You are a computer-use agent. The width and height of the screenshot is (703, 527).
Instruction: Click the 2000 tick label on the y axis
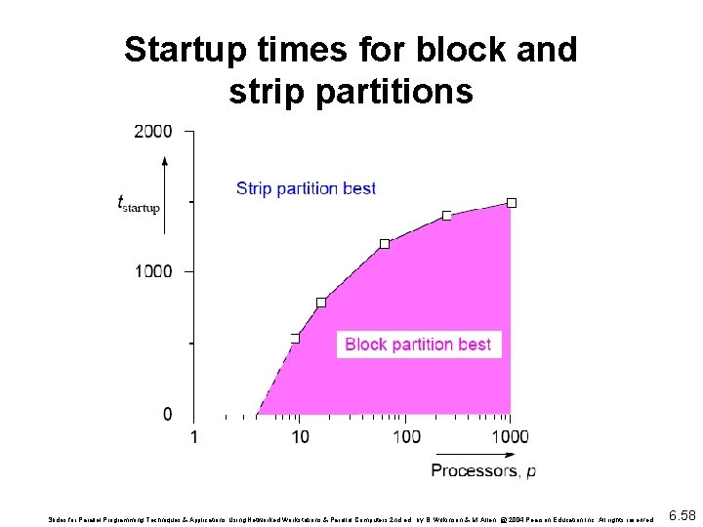(153, 132)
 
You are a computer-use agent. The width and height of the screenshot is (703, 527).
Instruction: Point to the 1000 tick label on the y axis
(153, 271)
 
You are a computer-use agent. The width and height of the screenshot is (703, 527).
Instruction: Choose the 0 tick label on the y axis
(167, 415)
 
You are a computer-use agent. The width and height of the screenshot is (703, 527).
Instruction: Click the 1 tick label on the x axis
(193, 436)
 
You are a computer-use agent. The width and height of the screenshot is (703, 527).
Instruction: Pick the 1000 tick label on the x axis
(509, 436)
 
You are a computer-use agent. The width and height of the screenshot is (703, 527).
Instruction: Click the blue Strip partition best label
(306, 188)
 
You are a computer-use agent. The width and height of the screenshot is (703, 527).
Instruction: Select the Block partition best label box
(418, 345)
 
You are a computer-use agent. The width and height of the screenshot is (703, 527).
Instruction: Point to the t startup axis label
(138, 205)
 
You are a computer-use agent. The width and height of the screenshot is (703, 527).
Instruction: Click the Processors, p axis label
(483, 471)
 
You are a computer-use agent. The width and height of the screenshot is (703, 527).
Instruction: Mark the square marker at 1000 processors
(511, 203)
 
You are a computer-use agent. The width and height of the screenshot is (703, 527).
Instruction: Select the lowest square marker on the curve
(295, 338)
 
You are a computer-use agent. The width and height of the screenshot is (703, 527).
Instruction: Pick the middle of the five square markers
(384, 244)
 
